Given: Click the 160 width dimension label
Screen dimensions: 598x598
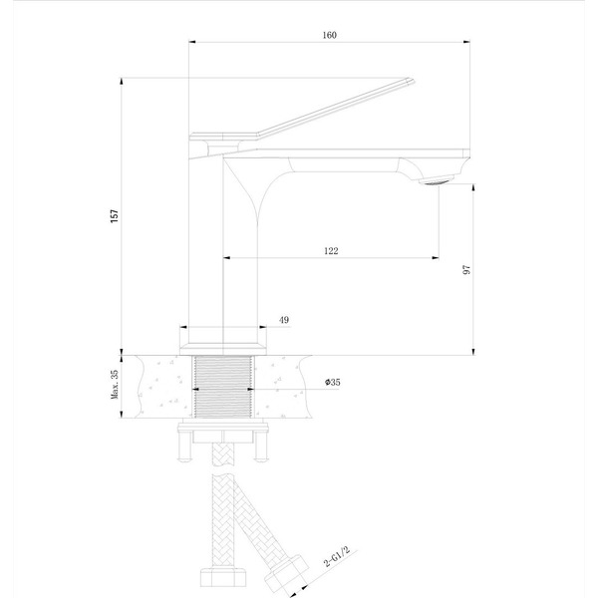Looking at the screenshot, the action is click(330, 35).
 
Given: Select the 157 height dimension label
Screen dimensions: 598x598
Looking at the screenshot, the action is click(115, 216).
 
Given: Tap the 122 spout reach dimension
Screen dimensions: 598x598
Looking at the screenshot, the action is click(331, 251).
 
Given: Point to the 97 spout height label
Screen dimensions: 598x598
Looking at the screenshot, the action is click(466, 270).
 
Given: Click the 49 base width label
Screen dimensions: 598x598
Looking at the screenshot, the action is click(284, 320).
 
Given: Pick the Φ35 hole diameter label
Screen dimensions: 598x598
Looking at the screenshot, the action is click(333, 382).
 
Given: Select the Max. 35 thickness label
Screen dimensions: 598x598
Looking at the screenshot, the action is click(115, 384).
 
